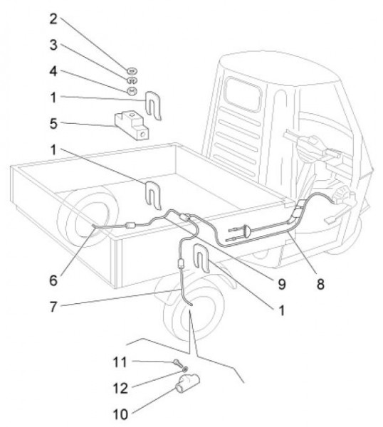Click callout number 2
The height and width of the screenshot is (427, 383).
[x=53, y=19]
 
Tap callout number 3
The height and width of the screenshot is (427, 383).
[x=53, y=45]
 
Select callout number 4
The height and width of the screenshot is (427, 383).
[x=53, y=71]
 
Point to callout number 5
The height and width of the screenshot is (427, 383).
[x=53, y=124]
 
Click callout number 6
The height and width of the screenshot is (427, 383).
[x=53, y=280]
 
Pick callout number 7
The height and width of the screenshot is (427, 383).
[x=53, y=307]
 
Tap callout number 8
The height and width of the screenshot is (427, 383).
[x=320, y=284]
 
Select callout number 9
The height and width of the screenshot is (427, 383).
[x=282, y=284]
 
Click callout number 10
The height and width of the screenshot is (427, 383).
[x=120, y=414]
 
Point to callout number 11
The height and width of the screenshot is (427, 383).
[x=120, y=362]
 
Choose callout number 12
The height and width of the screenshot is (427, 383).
[x=120, y=389]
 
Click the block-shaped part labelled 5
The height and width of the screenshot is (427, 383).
[x=132, y=125]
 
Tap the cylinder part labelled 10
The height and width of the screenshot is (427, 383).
[x=188, y=383]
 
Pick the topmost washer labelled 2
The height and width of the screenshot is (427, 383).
[x=132, y=70]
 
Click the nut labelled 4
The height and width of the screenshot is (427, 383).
[x=132, y=90]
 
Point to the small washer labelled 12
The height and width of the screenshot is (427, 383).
[x=184, y=369]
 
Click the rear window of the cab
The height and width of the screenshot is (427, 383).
[x=243, y=95]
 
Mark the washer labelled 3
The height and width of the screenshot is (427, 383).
[x=132, y=80]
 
